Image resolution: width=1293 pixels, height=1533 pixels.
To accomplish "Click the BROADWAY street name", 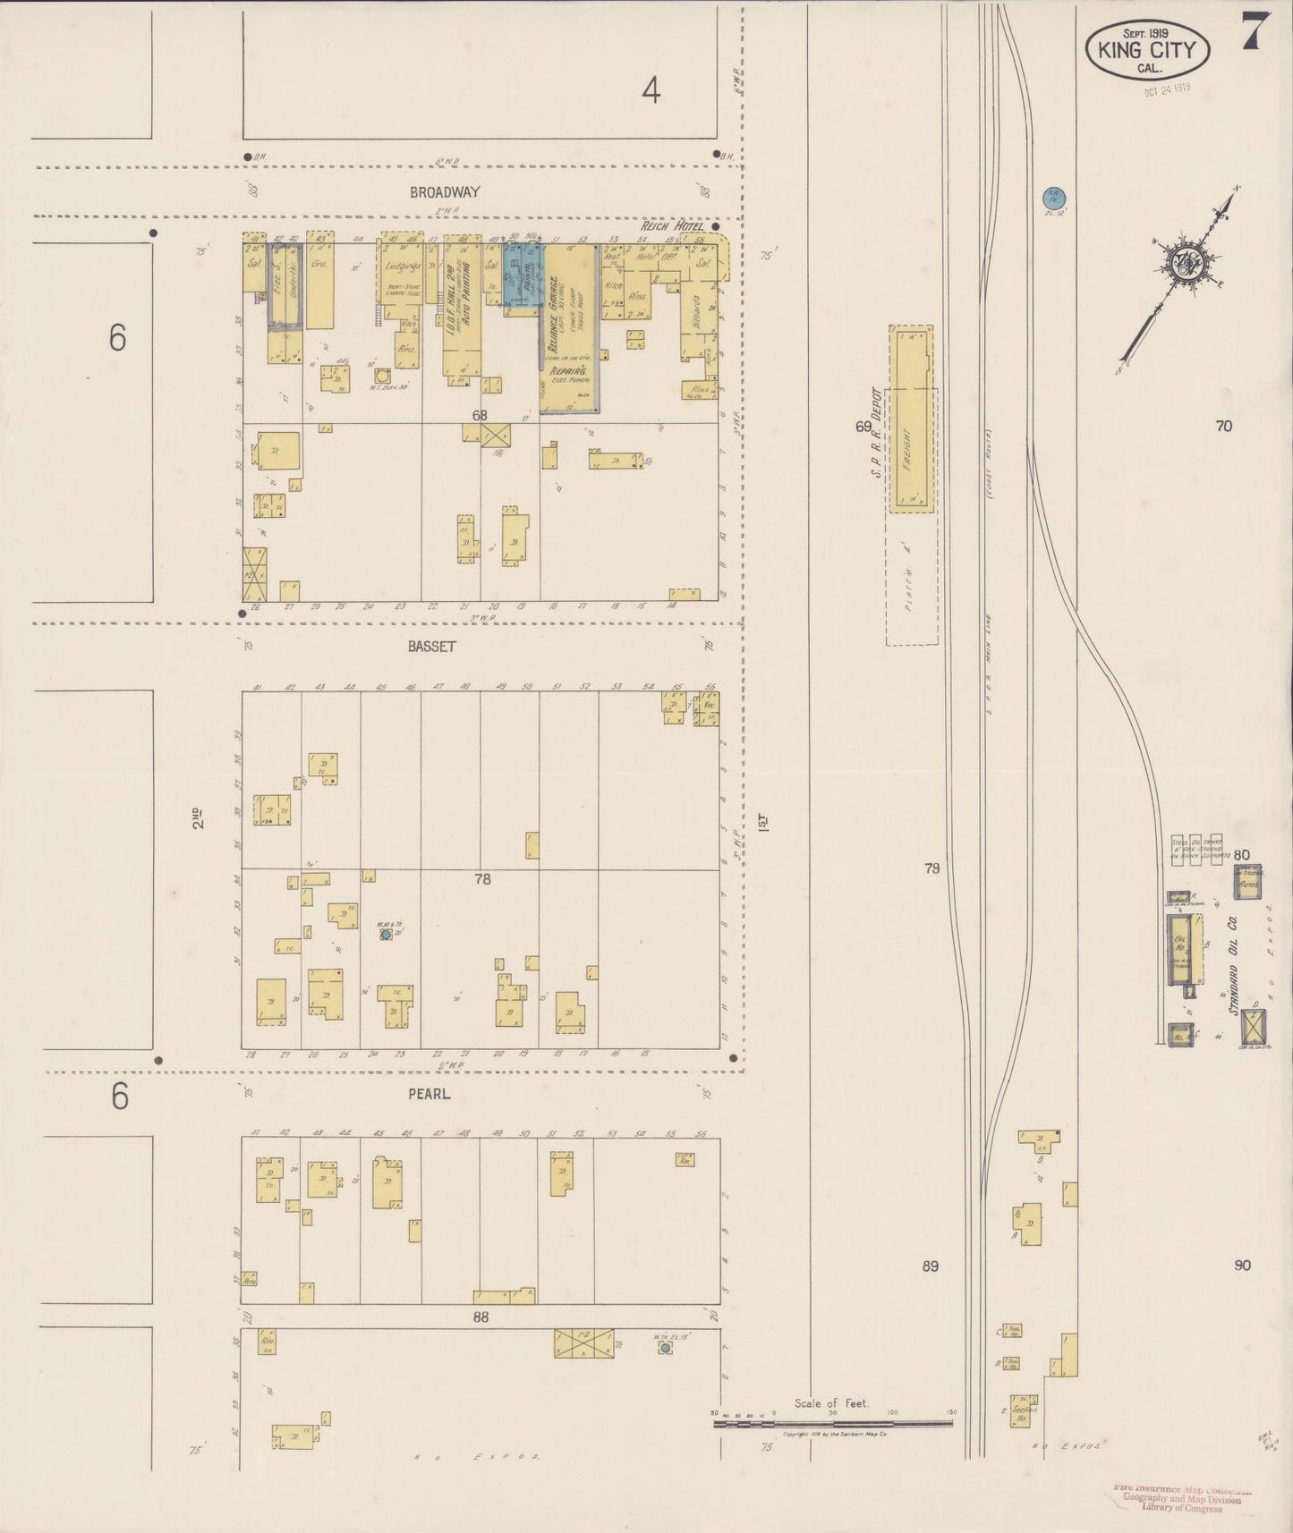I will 445,192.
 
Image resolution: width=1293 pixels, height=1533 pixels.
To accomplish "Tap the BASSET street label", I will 432,646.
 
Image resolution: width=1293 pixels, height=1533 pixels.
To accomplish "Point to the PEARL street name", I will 430,1093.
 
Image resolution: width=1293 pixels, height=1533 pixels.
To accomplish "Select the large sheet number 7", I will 1251,34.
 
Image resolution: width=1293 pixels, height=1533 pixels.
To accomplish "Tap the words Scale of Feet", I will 831,1403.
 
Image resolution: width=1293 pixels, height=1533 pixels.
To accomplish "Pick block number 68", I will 481,415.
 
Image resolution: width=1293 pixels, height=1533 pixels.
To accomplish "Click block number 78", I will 482,879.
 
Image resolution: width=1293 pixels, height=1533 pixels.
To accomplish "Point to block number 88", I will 481,1317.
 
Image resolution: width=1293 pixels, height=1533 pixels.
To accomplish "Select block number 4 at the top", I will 651,89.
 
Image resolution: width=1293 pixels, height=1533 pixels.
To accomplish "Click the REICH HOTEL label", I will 671,227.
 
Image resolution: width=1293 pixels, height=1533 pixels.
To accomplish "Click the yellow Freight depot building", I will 911,419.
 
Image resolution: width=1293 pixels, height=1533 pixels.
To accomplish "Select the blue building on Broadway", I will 521,274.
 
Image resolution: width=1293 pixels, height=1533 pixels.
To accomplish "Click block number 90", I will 1241,1265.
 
